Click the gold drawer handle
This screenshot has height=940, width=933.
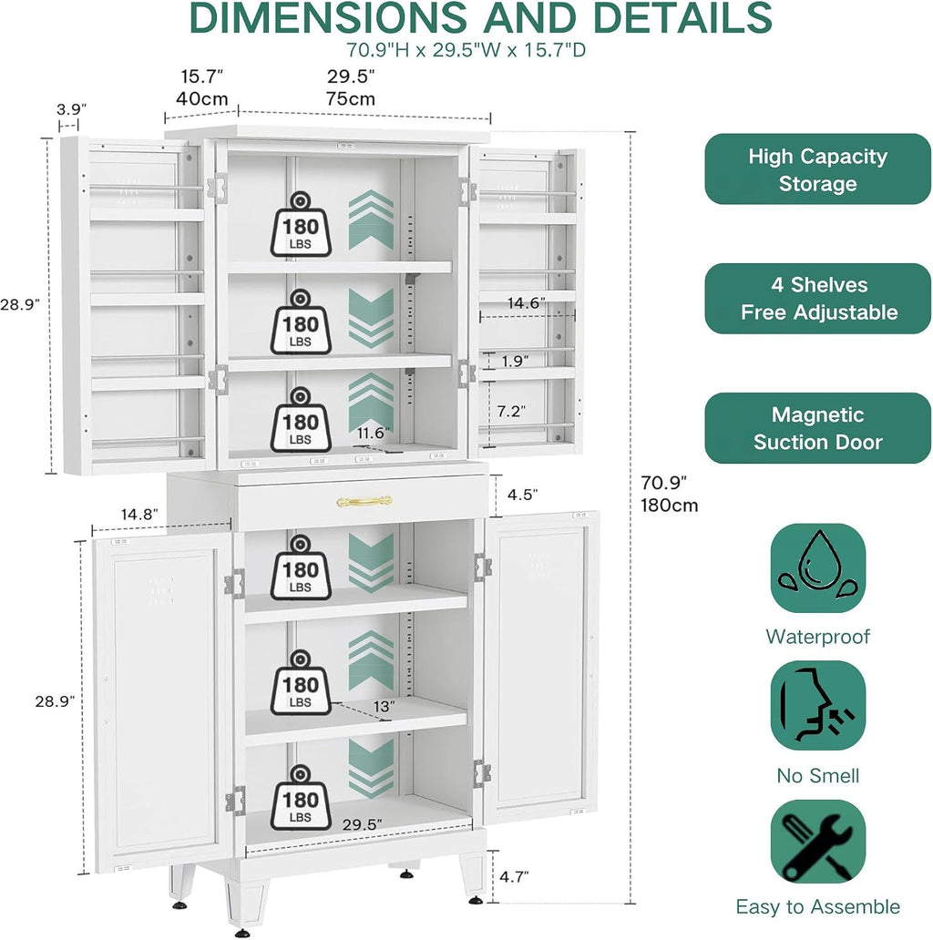364,501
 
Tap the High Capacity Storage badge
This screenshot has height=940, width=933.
817,169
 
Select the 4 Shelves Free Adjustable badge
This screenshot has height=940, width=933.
817,299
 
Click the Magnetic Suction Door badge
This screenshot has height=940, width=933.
817,428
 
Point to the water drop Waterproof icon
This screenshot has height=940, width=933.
818,567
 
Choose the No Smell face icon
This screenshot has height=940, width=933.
818,706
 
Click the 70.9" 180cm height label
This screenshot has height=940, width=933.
669,494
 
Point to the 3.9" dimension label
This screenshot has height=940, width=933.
71,109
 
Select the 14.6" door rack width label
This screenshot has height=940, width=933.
527,302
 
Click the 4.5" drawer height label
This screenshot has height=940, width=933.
522,495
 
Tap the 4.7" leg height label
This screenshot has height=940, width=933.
514,876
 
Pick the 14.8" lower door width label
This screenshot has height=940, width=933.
139,515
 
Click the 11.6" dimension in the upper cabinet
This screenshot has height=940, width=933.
373,433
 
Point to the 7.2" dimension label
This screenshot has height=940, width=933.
511,412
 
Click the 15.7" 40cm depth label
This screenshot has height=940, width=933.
202,87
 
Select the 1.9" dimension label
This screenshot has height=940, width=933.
515,361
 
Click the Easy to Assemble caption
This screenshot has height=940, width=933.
818,906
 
